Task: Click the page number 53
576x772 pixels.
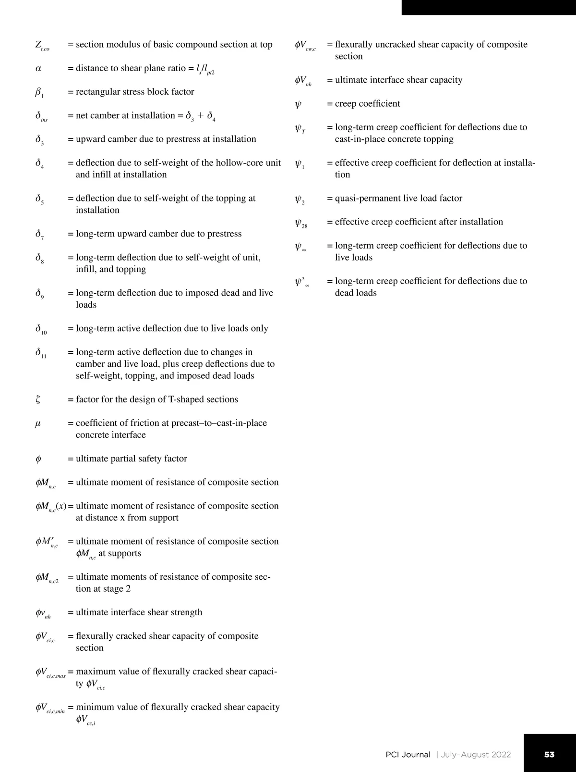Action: pyautogui.click(x=549, y=754)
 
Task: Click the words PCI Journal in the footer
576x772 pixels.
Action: pyautogui.click(x=408, y=754)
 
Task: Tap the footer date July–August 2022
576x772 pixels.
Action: pyautogui.click(x=476, y=754)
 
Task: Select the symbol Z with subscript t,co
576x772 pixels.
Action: pyautogui.click(x=42, y=46)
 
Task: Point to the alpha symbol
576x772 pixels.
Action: pyautogui.click(x=38, y=69)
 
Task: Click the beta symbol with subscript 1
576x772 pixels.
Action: pyautogui.click(x=39, y=92)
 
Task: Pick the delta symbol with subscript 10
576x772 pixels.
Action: pyautogui.click(x=41, y=329)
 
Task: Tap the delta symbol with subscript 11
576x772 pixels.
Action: pyautogui.click(x=41, y=353)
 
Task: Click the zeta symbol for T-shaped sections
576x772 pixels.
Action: pyautogui.click(x=38, y=400)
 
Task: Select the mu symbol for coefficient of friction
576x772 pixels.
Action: pyautogui.click(x=38, y=423)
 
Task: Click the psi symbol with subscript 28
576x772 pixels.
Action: pyautogui.click(x=301, y=223)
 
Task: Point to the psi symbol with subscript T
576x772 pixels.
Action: pyautogui.click(x=300, y=128)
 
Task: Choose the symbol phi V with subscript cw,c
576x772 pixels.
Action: pyautogui.click(x=305, y=46)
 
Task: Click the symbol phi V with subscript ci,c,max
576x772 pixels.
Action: pyautogui.click(x=50, y=672)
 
